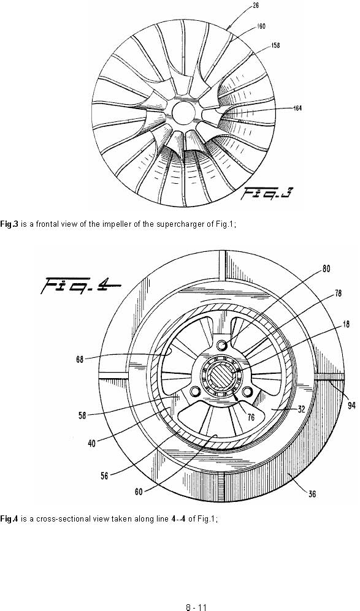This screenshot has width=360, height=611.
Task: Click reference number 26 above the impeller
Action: tap(256, 6)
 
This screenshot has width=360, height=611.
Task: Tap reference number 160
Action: tap(261, 26)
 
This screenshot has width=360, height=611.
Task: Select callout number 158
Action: tap(275, 45)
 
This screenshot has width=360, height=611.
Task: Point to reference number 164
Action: tap(297, 108)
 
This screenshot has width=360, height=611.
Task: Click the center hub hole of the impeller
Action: tap(183, 112)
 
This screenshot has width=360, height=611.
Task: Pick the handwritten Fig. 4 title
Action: tap(80, 286)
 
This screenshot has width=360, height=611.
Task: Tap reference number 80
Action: tap(326, 269)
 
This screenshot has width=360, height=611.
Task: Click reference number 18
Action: tap(345, 324)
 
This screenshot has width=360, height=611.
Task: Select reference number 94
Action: tap(351, 406)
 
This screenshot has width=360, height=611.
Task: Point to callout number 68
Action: tap(80, 359)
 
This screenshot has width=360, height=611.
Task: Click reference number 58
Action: tap(82, 416)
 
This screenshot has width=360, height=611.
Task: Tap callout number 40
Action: tap(91, 443)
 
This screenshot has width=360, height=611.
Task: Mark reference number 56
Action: tap(104, 476)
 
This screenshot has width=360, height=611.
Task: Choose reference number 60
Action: tap(139, 492)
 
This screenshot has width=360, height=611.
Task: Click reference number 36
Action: tap(312, 494)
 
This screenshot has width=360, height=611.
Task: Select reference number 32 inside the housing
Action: tap(301, 409)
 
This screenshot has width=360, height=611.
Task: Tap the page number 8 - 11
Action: tap(196, 607)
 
